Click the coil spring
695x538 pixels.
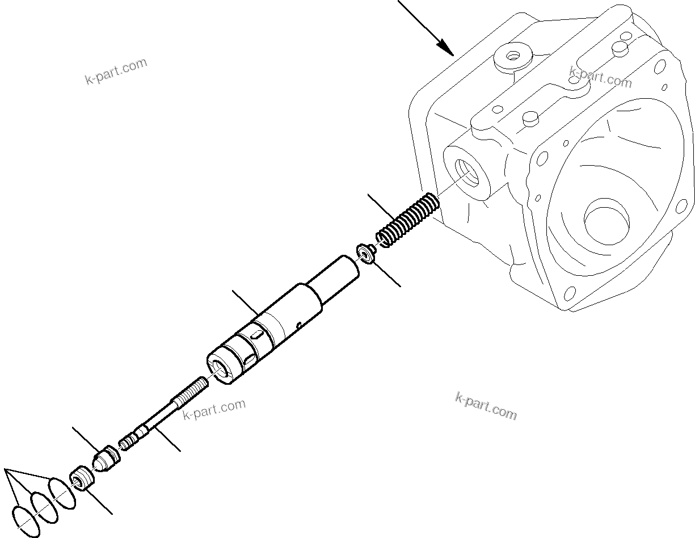pyautogui.click(x=407, y=220)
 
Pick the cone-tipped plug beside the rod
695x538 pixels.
pyautogui.click(x=106, y=458)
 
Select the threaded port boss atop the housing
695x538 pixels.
pyautogui.click(x=514, y=57)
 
